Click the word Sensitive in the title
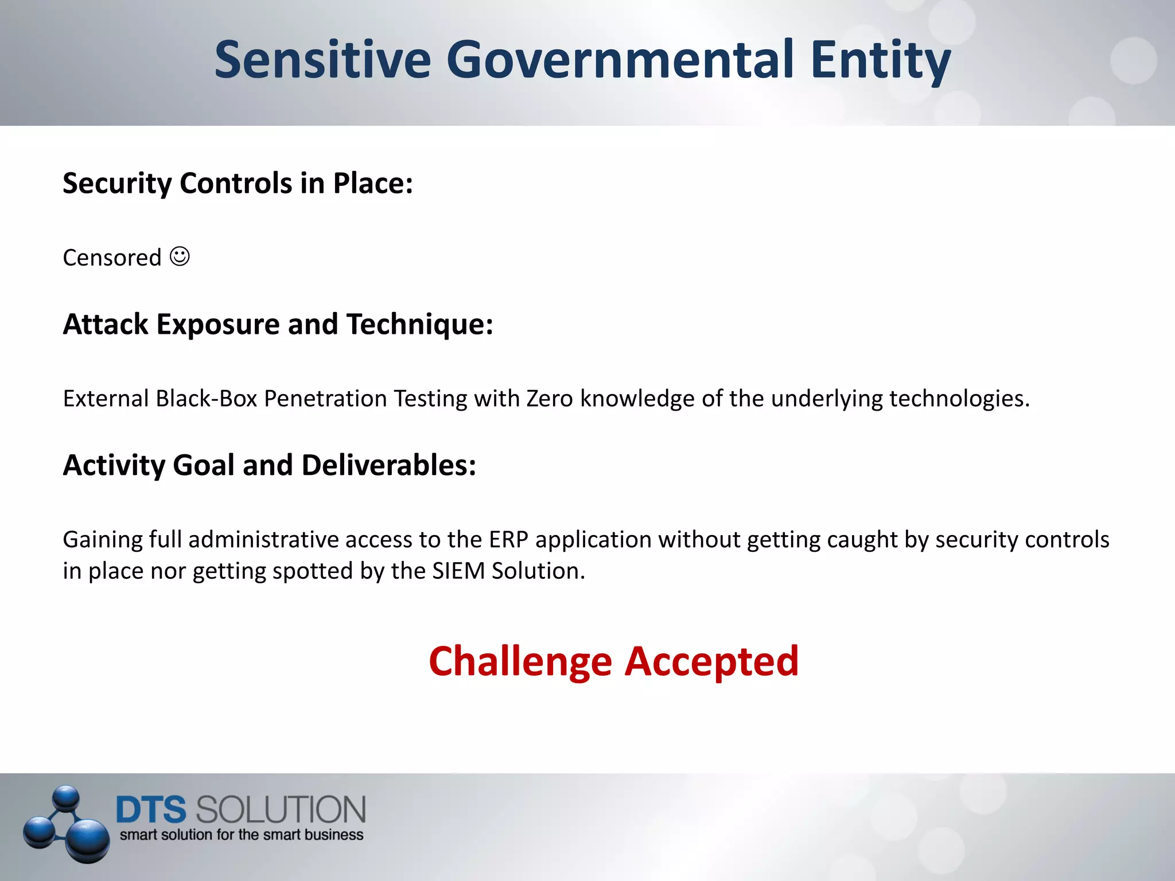point(322,60)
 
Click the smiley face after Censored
point(180,256)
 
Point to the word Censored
point(112,258)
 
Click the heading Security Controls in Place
point(238,184)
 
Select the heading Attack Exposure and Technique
point(278,325)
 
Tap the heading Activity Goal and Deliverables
point(269,465)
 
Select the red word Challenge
point(520,662)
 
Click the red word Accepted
point(711,662)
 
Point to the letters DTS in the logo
point(151,810)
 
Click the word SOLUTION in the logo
point(281,810)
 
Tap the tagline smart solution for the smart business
point(241,835)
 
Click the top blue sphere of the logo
point(66,797)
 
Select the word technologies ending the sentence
point(955,399)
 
